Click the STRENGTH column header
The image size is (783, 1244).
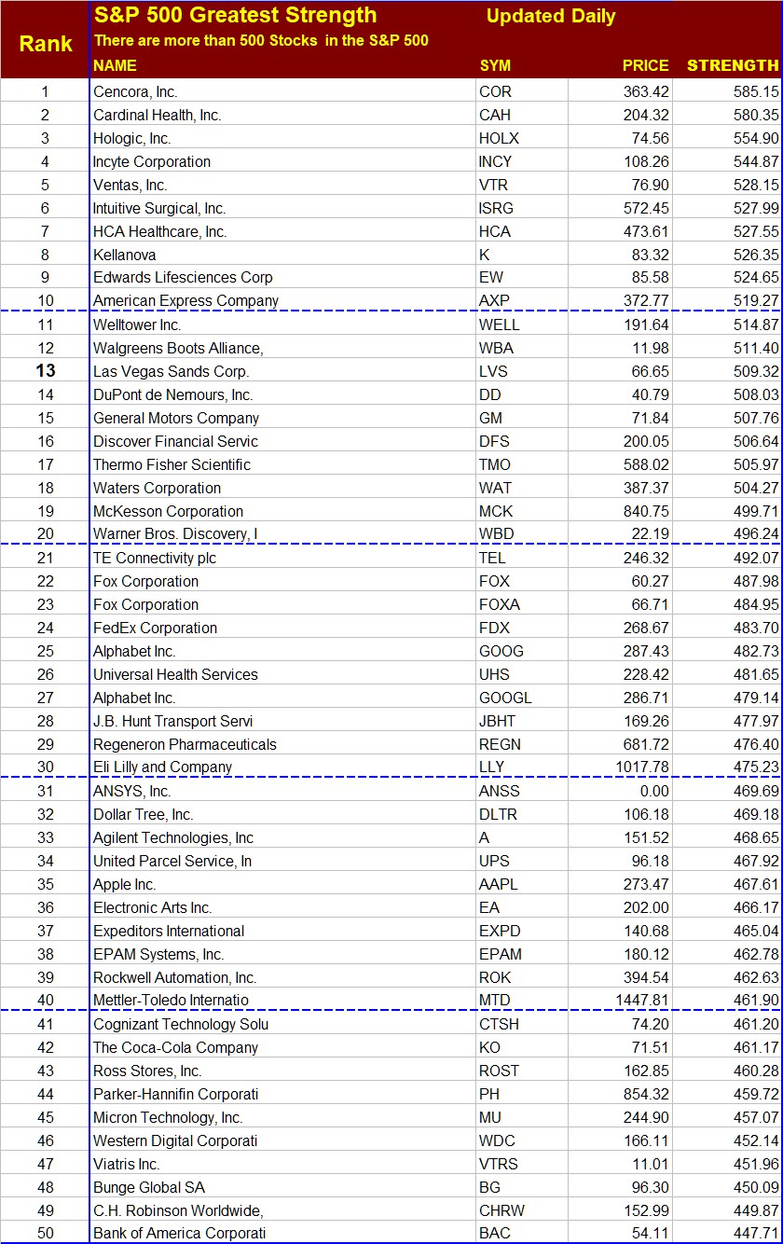(732, 65)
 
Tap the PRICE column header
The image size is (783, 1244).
(645, 65)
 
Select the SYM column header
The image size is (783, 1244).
(495, 65)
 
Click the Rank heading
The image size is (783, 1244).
(46, 44)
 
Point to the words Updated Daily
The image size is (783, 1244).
(551, 17)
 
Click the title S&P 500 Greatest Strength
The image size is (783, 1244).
(235, 16)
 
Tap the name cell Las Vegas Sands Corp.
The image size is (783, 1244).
(171, 371)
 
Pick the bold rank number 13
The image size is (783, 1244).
(46, 371)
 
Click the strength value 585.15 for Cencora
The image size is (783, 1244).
(755, 91)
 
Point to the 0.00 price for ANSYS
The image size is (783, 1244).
(653, 791)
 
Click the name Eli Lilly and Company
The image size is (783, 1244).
(162, 767)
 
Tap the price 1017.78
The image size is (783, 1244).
(637, 767)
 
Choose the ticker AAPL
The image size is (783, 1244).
(499, 884)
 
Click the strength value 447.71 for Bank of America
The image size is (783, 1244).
(755, 1234)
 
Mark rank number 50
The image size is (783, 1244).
(46, 1234)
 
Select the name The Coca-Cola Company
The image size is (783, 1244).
(175, 1047)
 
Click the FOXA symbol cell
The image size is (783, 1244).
(500, 604)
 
